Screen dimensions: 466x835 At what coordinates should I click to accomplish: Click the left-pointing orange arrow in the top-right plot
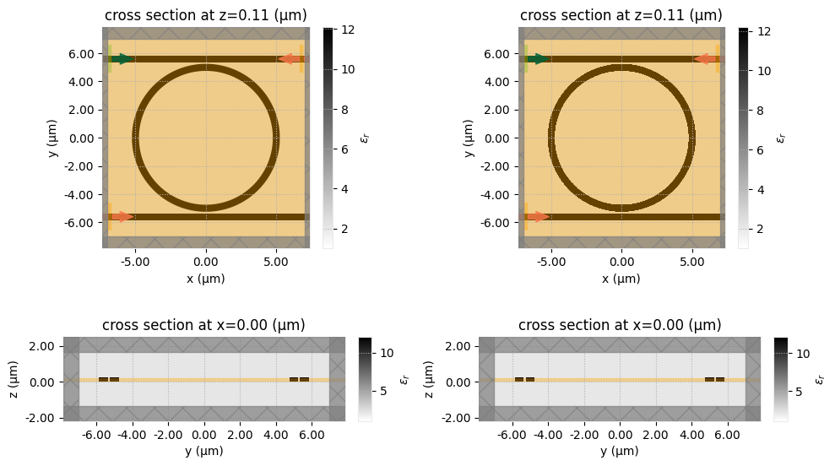(705, 59)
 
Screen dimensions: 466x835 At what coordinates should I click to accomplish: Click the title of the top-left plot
(205, 15)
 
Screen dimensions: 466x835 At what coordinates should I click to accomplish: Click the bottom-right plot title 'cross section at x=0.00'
(620, 325)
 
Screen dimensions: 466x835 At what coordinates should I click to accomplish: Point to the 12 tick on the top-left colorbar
(347, 30)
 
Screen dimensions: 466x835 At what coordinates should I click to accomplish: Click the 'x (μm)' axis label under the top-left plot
(205, 279)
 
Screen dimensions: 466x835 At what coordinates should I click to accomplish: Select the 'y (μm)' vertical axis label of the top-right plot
(468, 138)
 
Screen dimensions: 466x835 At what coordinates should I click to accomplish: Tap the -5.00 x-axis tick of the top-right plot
(551, 262)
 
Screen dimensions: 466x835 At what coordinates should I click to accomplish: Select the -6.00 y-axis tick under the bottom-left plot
(96, 433)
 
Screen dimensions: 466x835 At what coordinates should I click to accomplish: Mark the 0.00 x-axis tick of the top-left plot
(206, 262)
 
